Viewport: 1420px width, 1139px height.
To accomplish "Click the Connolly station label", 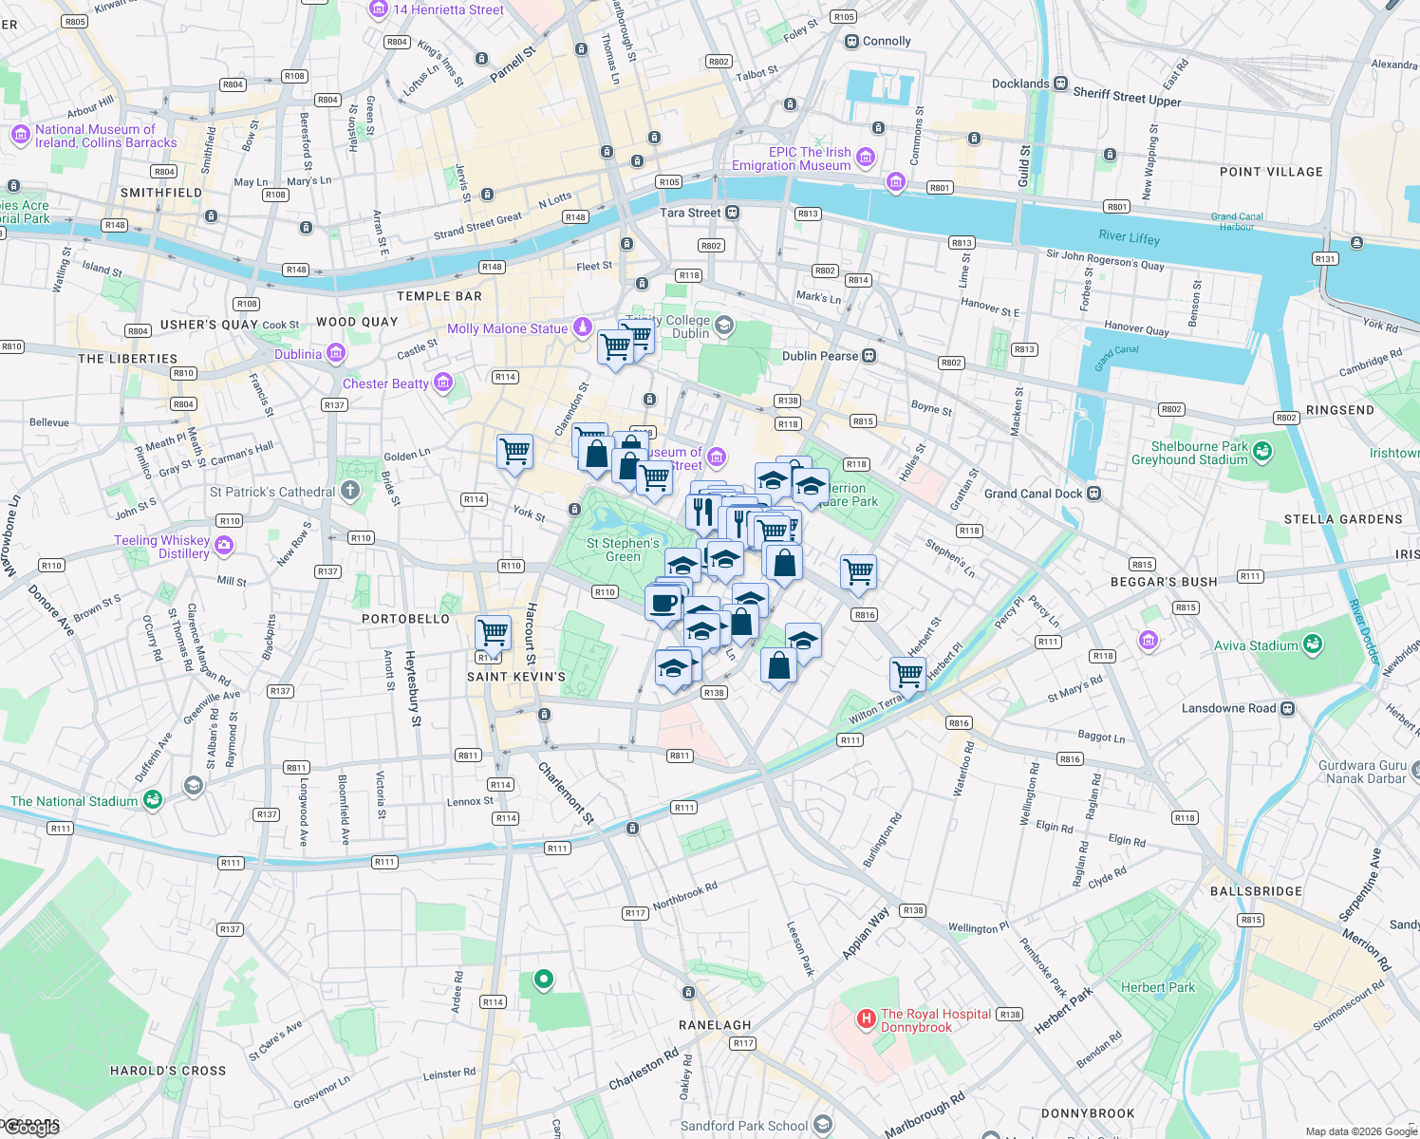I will click(x=887, y=41).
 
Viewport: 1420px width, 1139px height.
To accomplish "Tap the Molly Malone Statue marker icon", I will click(x=582, y=327).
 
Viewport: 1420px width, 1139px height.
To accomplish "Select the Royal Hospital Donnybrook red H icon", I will click(x=866, y=1019).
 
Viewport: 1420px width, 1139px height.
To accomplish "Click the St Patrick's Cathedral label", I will click(x=272, y=492).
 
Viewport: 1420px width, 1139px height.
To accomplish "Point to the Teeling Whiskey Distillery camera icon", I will click(x=224, y=545).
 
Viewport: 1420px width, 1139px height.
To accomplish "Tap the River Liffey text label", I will click(x=1129, y=236).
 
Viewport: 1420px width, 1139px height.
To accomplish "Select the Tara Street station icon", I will click(x=732, y=213).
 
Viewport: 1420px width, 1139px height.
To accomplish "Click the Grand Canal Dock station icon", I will click(x=1093, y=494).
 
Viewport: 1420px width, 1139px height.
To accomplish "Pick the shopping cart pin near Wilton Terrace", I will click(x=907, y=675).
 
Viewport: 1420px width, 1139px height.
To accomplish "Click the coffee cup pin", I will click(x=663, y=602).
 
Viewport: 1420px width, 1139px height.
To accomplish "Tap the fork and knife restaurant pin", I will click(x=702, y=512).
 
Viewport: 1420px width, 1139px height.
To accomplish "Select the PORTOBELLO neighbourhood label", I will click(x=405, y=619).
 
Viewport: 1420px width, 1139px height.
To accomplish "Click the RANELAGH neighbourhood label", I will click(x=715, y=1025).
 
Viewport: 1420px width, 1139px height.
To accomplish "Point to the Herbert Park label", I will click(x=1157, y=987).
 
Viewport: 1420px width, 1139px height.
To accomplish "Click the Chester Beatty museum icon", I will click(x=442, y=383).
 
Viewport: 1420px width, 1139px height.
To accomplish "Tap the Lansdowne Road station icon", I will click(x=1287, y=708).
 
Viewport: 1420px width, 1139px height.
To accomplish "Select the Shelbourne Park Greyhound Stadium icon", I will click(x=1261, y=452).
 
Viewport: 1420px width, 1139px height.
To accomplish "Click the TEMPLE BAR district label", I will click(x=439, y=296).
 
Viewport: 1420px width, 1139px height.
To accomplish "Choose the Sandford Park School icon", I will click(x=822, y=1125).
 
